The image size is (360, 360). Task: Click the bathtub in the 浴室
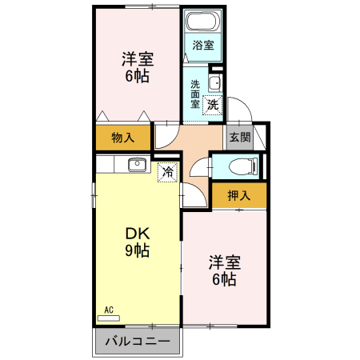coord(202,21)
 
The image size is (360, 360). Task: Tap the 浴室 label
coord(203,45)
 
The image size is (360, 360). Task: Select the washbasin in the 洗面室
coord(214,83)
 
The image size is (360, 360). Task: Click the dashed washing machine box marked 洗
coord(213,105)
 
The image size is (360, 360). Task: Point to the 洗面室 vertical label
coord(195,94)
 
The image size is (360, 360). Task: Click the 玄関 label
coord(240,138)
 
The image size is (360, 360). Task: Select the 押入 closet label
coord(239,195)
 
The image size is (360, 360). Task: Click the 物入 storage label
coord(123,138)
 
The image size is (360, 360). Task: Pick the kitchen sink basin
coord(137,165)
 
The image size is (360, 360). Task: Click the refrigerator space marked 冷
coord(167,172)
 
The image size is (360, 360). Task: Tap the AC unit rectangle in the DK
coord(109,318)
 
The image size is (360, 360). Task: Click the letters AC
coord(109,310)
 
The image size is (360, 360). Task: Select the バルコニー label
coord(138,341)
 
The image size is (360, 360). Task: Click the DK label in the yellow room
coord(138,234)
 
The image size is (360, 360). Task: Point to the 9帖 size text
coord(137,250)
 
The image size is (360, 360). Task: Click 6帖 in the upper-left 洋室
coord(137,76)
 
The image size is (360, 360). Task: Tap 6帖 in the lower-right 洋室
coord(224,279)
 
